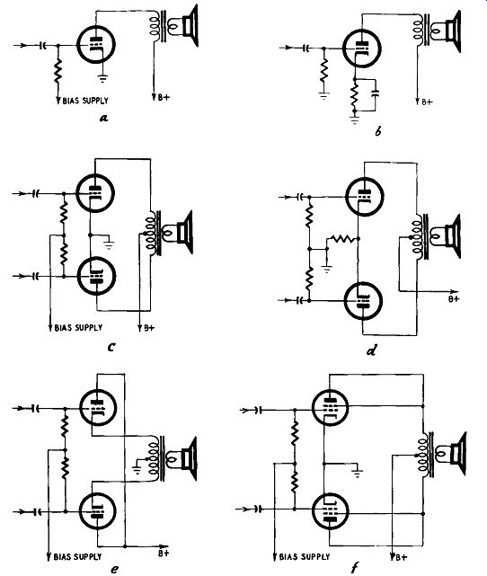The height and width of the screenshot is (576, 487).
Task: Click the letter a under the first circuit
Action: [103, 118]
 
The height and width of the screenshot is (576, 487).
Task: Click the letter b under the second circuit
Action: [378, 131]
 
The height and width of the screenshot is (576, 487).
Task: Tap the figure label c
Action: [111, 346]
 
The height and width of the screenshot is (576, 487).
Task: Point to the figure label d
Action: [371, 351]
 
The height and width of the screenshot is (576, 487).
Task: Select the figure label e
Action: [114, 569]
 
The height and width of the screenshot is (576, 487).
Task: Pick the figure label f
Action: [354, 568]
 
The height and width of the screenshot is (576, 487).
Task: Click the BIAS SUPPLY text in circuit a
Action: [85, 101]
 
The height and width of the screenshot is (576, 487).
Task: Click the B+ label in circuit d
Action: [454, 298]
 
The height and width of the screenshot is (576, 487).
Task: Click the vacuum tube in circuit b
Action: [361, 49]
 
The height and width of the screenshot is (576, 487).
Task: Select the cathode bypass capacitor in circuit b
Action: [375, 93]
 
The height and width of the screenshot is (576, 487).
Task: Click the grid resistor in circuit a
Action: [58, 73]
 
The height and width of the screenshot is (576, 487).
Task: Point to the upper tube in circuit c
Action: [95, 193]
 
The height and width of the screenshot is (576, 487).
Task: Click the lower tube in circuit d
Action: [363, 300]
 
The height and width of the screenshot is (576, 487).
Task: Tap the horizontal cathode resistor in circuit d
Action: [341, 239]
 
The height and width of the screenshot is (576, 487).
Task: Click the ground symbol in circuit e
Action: [137, 467]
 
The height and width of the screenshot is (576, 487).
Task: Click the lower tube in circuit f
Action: [330, 511]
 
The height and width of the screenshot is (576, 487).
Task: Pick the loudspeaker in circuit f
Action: [450, 454]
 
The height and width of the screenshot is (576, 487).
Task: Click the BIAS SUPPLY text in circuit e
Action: [77, 557]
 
